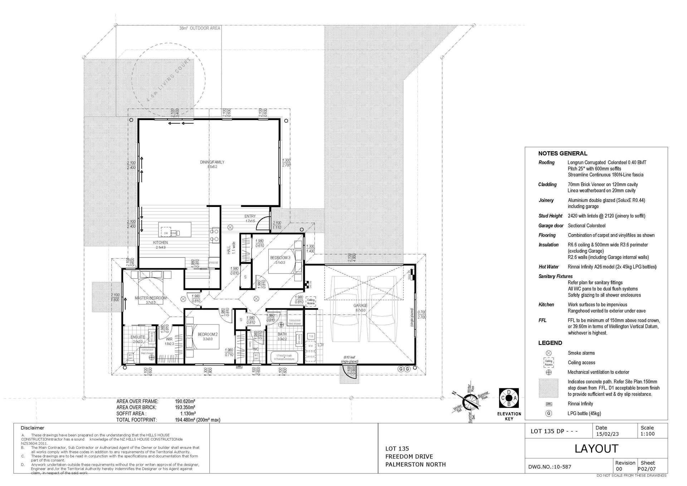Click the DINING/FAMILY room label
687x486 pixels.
[x=212, y=162]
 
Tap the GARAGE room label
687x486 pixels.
[x=360, y=305]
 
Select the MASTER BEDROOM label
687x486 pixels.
[x=151, y=298]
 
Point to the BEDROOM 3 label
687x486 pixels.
[x=280, y=258]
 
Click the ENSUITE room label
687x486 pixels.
[x=138, y=337]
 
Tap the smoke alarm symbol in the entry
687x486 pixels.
[x=230, y=227]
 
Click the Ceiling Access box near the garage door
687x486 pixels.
[x=311, y=302]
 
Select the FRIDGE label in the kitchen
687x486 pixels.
[x=214, y=263]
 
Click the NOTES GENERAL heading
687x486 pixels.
[x=562, y=153]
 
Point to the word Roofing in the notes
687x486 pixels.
[x=546, y=163]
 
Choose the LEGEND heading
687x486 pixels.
[x=550, y=343]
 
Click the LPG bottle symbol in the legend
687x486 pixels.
[x=549, y=413]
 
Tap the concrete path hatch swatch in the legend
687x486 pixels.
[x=548, y=388]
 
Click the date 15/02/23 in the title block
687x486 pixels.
[x=607, y=434]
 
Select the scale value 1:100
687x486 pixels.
[x=648, y=434]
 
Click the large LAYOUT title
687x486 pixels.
[x=596, y=449]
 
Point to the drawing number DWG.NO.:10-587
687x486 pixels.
[x=550, y=467]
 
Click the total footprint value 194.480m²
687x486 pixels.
[x=185, y=420]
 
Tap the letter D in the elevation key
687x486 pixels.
[x=509, y=393]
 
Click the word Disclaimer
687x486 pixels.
[x=33, y=428]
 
